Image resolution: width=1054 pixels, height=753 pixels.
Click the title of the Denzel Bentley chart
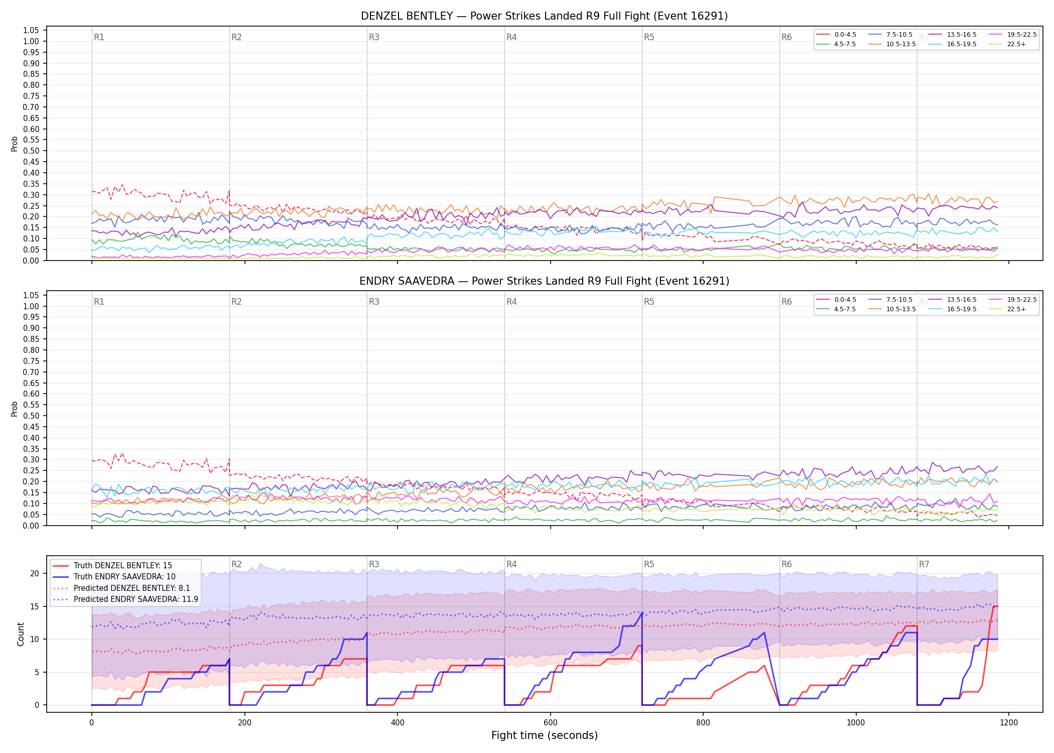point(544,16)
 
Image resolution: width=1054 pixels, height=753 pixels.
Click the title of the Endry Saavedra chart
point(544,281)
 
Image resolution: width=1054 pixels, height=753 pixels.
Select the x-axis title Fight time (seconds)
point(545,735)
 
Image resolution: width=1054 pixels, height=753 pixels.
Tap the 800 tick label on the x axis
point(703,723)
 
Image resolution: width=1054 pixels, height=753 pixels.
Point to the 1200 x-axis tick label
point(1008,723)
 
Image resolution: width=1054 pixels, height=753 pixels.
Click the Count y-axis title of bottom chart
point(21,634)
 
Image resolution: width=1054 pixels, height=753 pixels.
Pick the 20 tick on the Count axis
point(35,573)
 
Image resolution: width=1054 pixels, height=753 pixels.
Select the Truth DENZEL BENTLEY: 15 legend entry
point(123,566)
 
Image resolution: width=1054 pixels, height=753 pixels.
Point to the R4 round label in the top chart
point(511,37)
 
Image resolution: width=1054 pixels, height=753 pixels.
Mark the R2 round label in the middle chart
point(236,302)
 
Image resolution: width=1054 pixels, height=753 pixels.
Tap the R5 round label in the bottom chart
point(649,564)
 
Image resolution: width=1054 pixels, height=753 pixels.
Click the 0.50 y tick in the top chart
point(31,151)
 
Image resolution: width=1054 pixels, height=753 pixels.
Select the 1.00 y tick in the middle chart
point(31,306)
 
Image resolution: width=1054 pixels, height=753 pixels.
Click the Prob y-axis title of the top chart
point(15,144)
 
